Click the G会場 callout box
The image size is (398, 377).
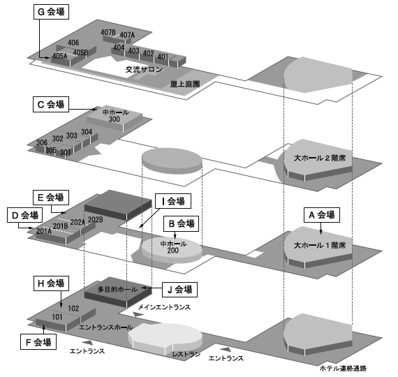pyautogui.click(x=51, y=12)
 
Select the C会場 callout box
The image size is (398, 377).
pyautogui.click(x=51, y=104)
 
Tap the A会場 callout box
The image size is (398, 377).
pyautogui.click(x=322, y=215)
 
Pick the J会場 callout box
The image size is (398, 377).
pyautogui.click(x=180, y=290)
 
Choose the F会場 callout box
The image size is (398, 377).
pyautogui.click(x=38, y=341)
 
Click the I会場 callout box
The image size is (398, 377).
pyautogui.click(x=173, y=201)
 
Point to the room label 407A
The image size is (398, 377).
pyautogui.click(x=127, y=35)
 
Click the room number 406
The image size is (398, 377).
pyautogui.click(x=73, y=43)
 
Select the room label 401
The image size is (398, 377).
pyautogui.click(x=163, y=57)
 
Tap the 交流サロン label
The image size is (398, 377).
pyautogui.click(x=144, y=69)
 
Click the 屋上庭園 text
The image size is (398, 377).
pyautogui.click(x=185, y=84)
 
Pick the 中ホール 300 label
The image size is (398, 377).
pyautogui.click(x=115, y=115)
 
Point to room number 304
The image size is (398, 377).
pyautogui.click(x=87, y=132)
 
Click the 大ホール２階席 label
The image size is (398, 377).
pyautogui.click(x=320, y=158)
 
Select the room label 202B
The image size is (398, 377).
pyautogui.click(x=96, y=219)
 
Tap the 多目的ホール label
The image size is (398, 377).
pyautogui.click(x=117, y=289)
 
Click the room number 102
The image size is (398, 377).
pyautogui.click(x=73, y=309)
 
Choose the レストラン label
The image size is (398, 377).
pyautogui.click(x=186, y=354)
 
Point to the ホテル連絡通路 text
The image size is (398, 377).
pyautogui.click(x=343, y=368)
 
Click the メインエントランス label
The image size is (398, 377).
pyautogui.click(x=164, y=307)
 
